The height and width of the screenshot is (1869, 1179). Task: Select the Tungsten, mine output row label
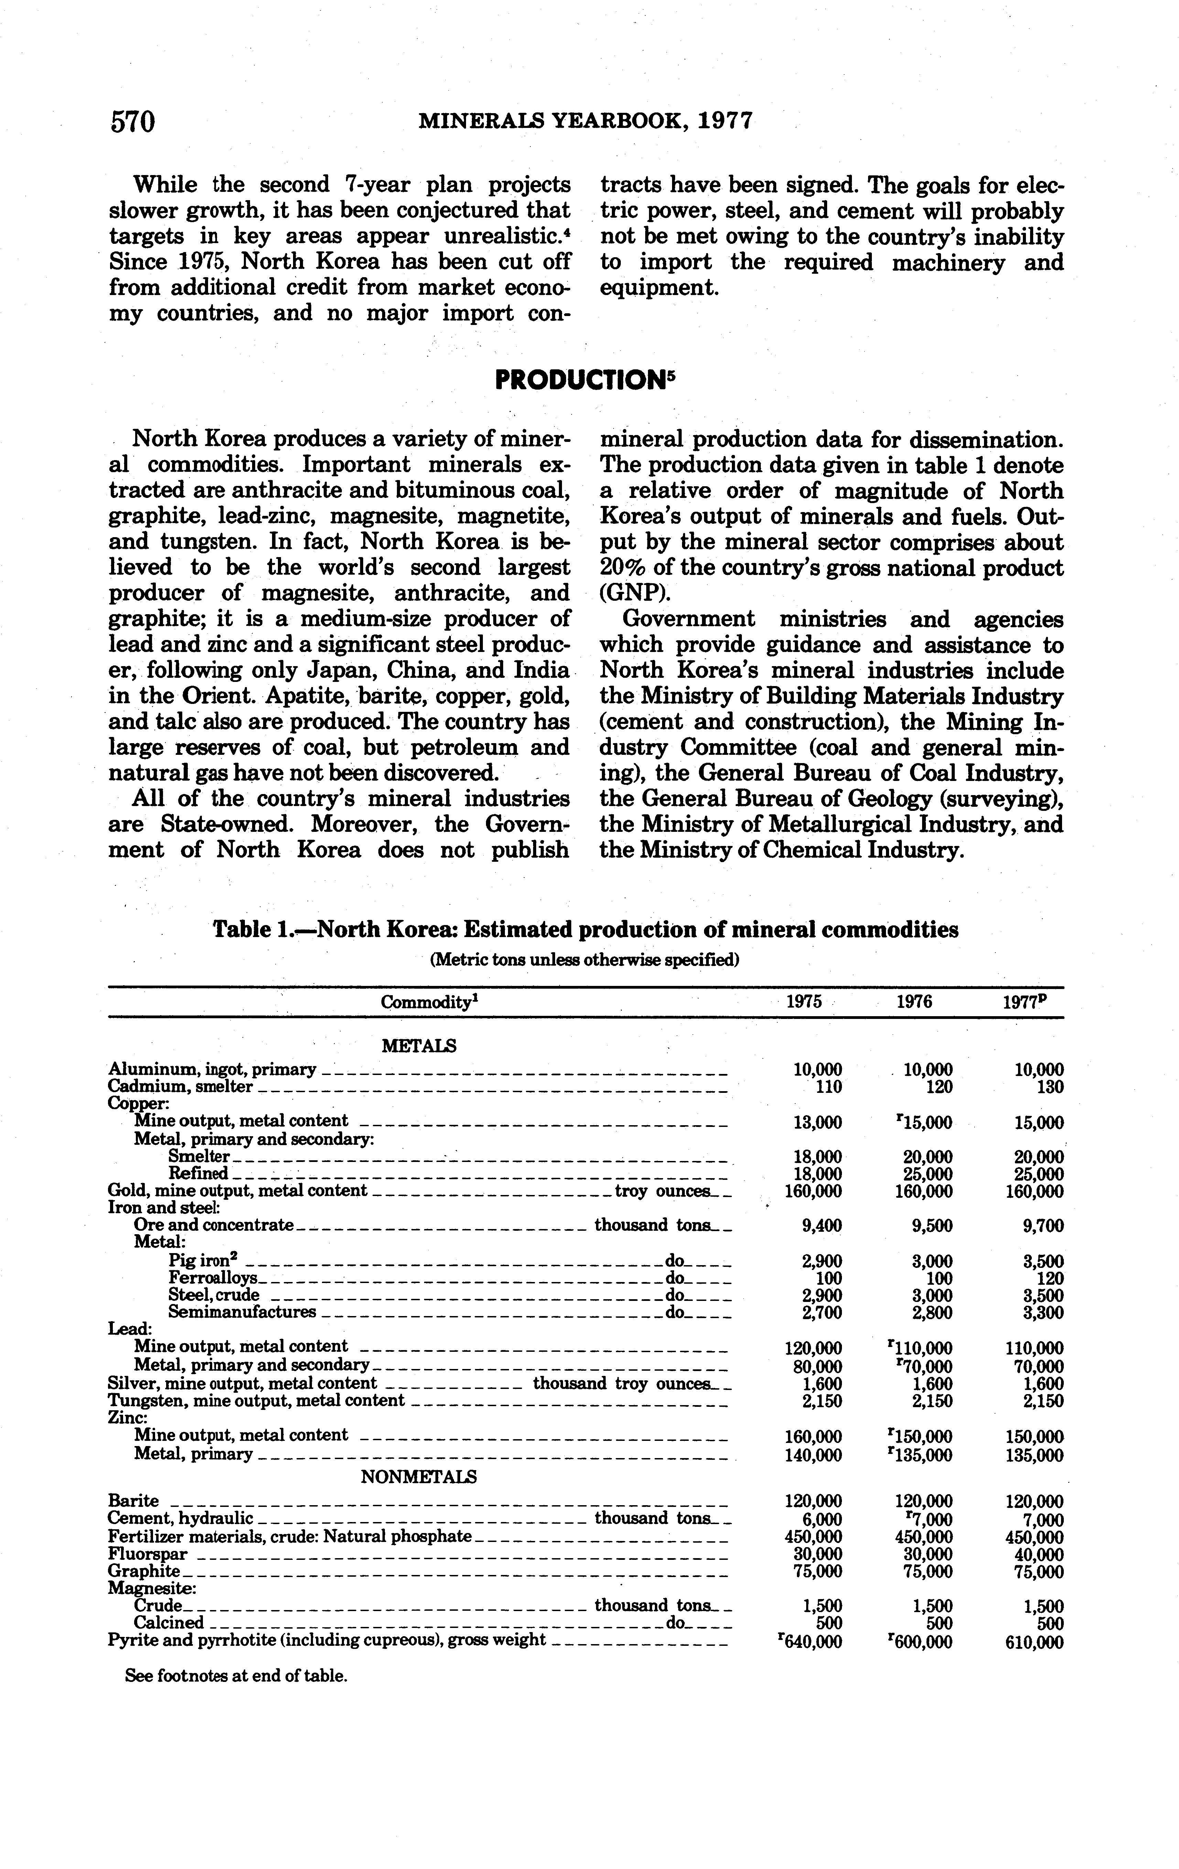pos(256,1400)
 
